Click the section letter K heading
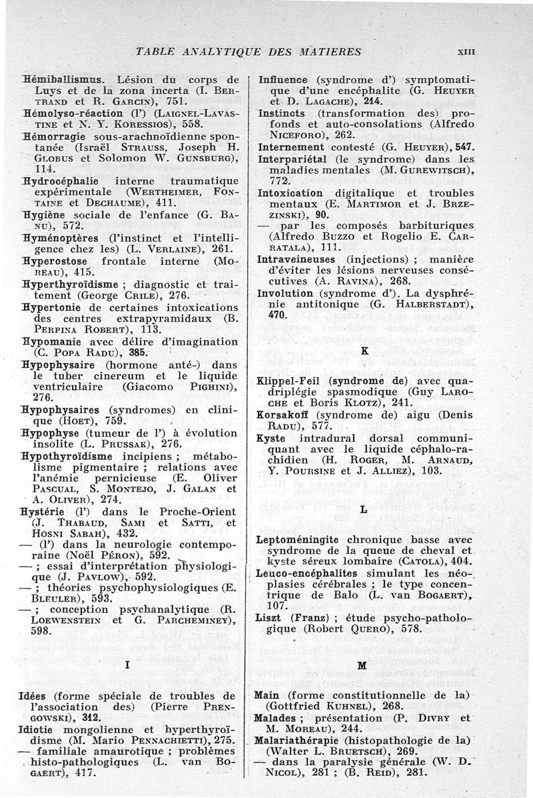[364, 349]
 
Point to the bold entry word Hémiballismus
[59, 78]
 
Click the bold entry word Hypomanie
[53, 341]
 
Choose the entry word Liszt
[270, 618]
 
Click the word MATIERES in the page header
[328, 52]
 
